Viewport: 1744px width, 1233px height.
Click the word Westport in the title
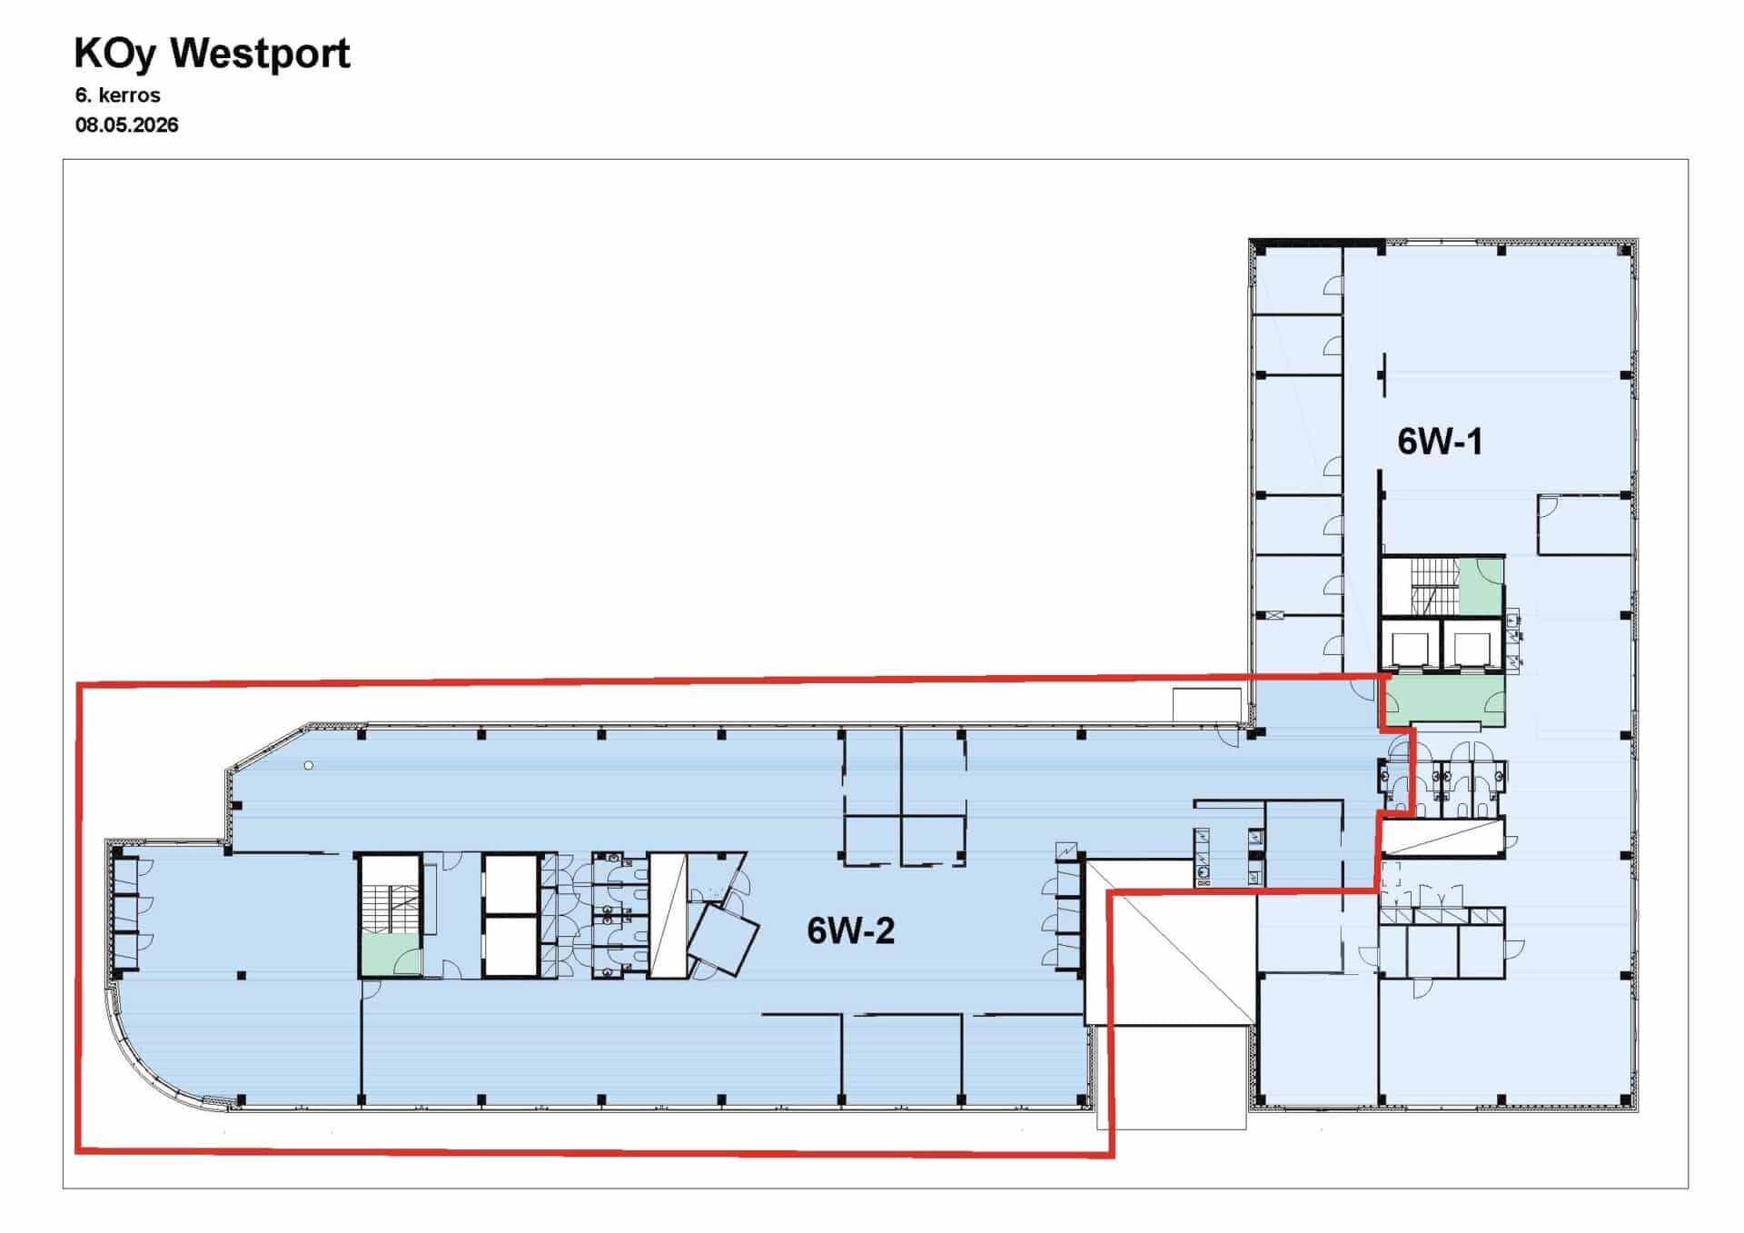[x=261, y=53]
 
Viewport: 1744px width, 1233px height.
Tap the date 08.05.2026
[x=127, y=124]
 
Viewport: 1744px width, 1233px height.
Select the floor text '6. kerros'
[x=118, y=95]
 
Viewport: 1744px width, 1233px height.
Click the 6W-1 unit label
[x=1440, y=442]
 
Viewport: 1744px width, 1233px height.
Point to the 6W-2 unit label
[x=851, y=930]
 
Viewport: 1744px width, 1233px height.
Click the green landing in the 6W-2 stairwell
[x=391, y=953]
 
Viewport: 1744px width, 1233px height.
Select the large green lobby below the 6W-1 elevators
[x=1442, y=701]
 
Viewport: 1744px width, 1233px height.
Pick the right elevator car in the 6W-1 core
[x=1471, y=649]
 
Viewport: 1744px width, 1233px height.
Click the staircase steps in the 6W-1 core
[x=1434, y=586]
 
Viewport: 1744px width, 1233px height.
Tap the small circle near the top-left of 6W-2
[x=309, y=766]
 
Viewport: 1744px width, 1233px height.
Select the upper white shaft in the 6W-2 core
[x=511, y=883]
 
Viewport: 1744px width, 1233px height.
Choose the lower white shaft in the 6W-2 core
[x=511, y=946]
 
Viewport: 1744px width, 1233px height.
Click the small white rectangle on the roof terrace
[x=1207, y=705]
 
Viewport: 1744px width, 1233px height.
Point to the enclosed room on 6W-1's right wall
[x=1584, y=524]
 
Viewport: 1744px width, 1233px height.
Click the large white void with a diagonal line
[x=1172, y=943]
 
